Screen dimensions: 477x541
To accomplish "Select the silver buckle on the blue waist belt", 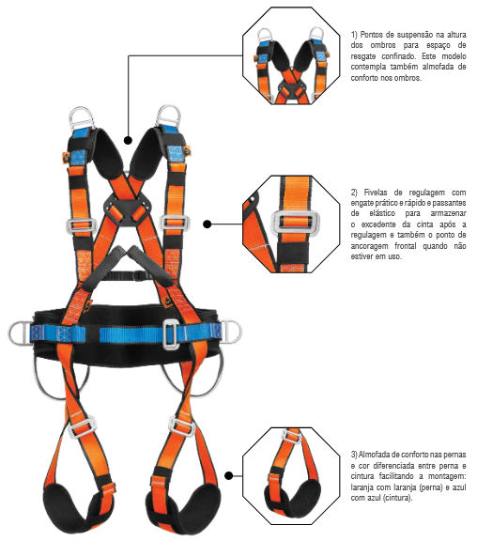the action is pos(171,334).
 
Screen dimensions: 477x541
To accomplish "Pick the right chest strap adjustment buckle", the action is pos(175,223).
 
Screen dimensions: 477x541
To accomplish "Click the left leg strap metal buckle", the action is pos(83,427).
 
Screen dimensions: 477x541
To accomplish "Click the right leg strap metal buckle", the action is pos(182,426).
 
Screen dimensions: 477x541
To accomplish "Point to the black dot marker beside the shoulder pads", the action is pos(128,141).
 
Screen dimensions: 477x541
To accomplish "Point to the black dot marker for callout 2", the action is pos(207,224).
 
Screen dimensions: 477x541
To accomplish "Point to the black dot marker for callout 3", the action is pos(229,476).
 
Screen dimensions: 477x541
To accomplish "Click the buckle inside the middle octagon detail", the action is pos(295,223).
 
